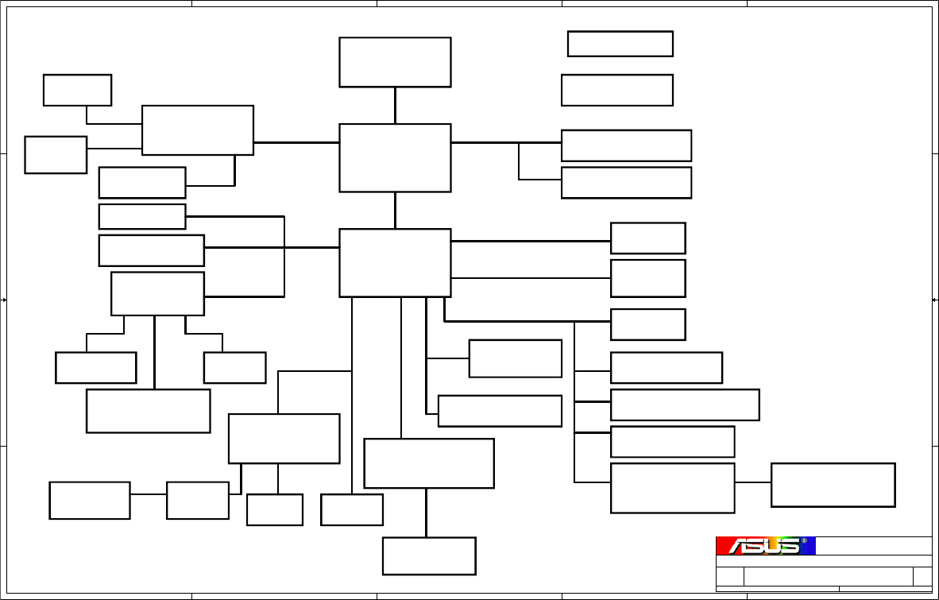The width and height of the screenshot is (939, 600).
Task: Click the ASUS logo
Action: pos(765,546)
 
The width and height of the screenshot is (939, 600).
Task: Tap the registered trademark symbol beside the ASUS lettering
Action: pos(804,541)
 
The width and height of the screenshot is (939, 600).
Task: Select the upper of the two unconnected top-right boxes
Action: pos(620,44)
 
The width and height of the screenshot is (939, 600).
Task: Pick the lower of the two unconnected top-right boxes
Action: pos(617,90)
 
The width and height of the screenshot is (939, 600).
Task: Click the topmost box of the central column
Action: pos(395,62)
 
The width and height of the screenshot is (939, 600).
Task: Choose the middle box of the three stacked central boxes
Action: pos(395,157)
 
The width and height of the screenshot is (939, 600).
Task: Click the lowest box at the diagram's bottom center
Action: pos(429,555)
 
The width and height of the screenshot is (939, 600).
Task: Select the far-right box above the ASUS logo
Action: pos(833,485)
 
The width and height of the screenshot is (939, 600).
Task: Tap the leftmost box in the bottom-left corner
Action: pos(90,500)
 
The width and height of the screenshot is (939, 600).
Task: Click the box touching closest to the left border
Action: pos(56,154)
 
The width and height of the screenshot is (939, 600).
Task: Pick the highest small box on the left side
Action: pos(77,90)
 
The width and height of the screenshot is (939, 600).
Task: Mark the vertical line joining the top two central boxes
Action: pos(395,105)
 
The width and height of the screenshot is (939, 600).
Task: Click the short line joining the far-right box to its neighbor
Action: pos(752,482)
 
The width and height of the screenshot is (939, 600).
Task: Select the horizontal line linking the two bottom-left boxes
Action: pos(149,494)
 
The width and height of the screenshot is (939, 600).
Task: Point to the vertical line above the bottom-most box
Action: pos(427,513)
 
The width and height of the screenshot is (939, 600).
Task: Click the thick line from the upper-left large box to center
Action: pos(296,143)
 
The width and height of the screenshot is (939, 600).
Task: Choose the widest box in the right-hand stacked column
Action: pos(685,405)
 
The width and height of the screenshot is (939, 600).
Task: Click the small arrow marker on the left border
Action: pos(5,300)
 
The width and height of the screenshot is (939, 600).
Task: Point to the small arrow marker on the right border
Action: pos(934,300)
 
